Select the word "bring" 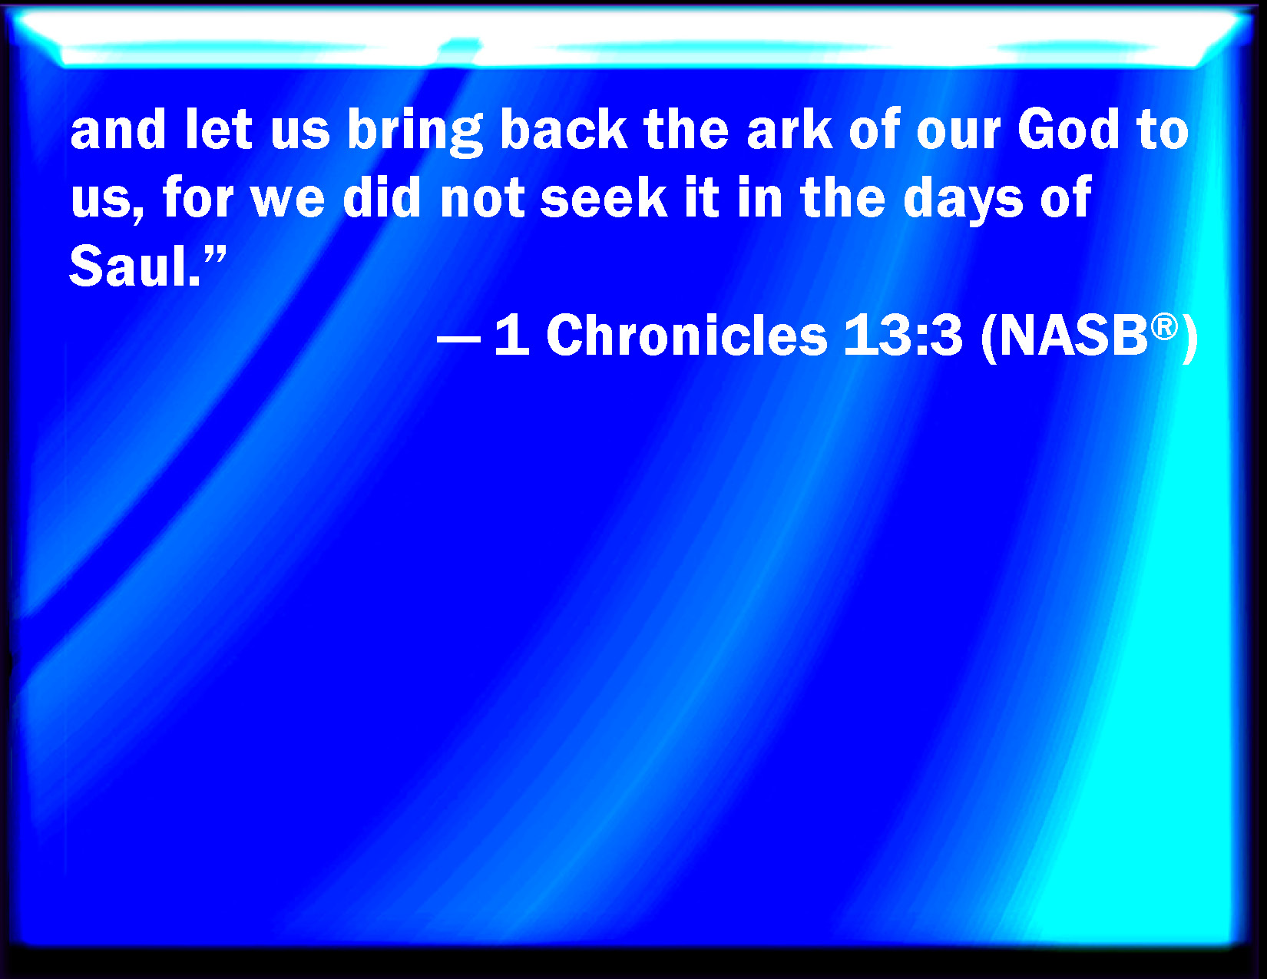click(415, 133)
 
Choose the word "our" click(958, 134)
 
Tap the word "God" click(1068, 129)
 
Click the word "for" click(197, 197)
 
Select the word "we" click(287, 203)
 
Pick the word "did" click(382, 197)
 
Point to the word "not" click(483, 200)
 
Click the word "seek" click(604, 197)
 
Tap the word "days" click(963, 201)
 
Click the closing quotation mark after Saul click(215, 254)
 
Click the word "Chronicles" click(686, 335)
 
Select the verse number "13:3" click(902, 335)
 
